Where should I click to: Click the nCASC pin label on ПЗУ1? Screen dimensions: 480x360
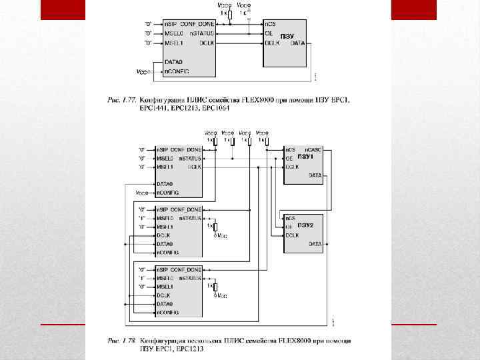[313, 149]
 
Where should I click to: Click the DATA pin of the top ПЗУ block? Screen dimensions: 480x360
[297, 43]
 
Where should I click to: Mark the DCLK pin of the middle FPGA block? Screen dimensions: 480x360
[163, 235]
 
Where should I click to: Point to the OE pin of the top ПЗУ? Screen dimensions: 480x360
[269, 33]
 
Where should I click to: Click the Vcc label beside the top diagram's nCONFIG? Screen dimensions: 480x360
[141, 71]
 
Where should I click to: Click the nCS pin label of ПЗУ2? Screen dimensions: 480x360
[290, 218]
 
